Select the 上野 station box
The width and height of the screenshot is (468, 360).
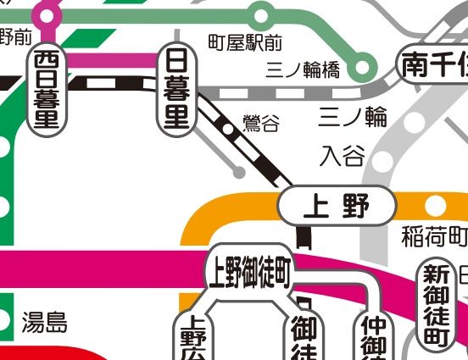coord(337,205)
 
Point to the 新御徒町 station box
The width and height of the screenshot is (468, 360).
coord(435,305)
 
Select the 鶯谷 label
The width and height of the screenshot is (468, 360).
coord(260,125)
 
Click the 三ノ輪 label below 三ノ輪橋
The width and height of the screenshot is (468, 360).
coord(353,116)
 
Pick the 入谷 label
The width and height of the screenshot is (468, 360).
coord(343,156)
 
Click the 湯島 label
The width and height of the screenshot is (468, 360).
coord(44,323)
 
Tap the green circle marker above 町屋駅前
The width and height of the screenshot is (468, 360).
coord(260,14)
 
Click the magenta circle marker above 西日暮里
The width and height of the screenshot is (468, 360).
coord(47,14)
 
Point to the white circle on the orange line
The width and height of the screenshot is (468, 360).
coord(435,206)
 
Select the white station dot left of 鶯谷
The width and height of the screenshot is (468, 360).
coord(228,130)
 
